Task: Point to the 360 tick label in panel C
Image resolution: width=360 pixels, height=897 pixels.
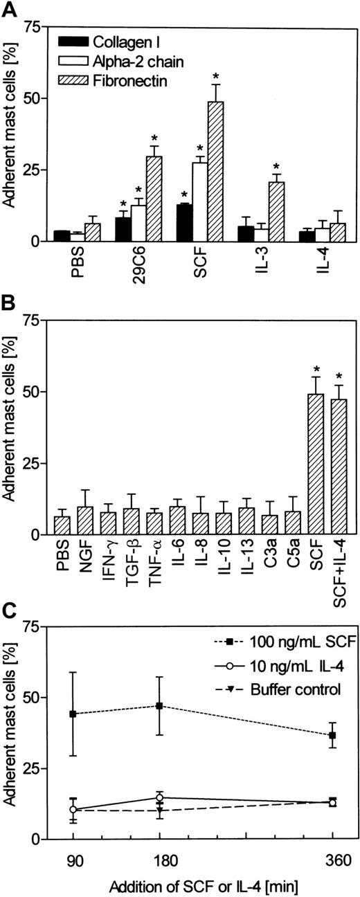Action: [x=334, y=859]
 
